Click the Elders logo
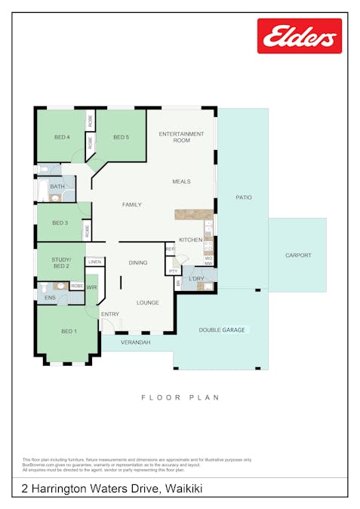(299, 35)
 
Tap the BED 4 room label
(62, 137)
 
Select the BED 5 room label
(121, 137)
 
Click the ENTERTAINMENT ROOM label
(181, 137)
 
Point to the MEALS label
(181, 182)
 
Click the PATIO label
(243, 198)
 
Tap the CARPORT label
(298, 256)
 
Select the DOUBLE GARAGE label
(221, 330)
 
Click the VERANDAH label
(137, 342)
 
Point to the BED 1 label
(68, 332)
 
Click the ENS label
(50, 299)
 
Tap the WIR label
(91, 288)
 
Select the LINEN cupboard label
(94, 262)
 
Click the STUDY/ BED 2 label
(60, 263)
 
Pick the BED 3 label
(60, 223)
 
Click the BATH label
(57, 186)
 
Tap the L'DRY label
(196, 279)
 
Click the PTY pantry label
(174, 271)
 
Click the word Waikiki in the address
(182, 489)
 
